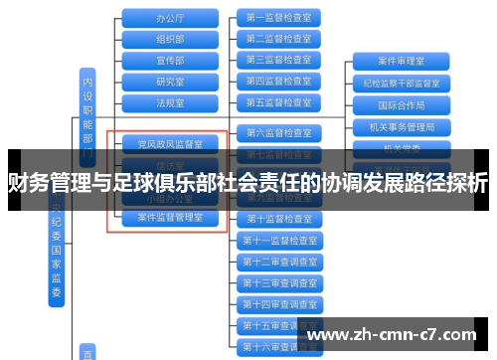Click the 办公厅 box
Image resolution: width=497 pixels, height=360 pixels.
(170, 18)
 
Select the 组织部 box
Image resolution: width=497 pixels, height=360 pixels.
(170, 39)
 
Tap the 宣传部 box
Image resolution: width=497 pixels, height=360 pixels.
(170, 60)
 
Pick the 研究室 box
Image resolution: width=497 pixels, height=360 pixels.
(170, 81)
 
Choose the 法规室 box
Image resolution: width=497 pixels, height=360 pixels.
(170, 101)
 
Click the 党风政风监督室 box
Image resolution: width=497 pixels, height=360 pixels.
(170, 144)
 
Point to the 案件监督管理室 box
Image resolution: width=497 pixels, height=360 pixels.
(170, 216)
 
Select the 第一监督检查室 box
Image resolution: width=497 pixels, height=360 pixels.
(278, 18)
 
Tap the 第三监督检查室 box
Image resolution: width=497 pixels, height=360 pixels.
(278, 60)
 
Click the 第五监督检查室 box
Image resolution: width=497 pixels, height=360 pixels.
(278, 101)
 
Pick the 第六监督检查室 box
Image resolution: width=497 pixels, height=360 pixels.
(278, 132)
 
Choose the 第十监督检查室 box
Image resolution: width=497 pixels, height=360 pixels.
(278, 218)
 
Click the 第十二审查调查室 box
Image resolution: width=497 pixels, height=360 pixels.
(278, 261)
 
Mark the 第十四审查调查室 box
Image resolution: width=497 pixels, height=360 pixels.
(278, 303)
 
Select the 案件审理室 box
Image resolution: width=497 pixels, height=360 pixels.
(402, 61)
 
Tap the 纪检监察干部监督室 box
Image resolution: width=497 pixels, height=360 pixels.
(402, 83)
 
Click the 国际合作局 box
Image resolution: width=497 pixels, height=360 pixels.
(402, 104)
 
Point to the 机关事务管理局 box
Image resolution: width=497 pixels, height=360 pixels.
(402, 126)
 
